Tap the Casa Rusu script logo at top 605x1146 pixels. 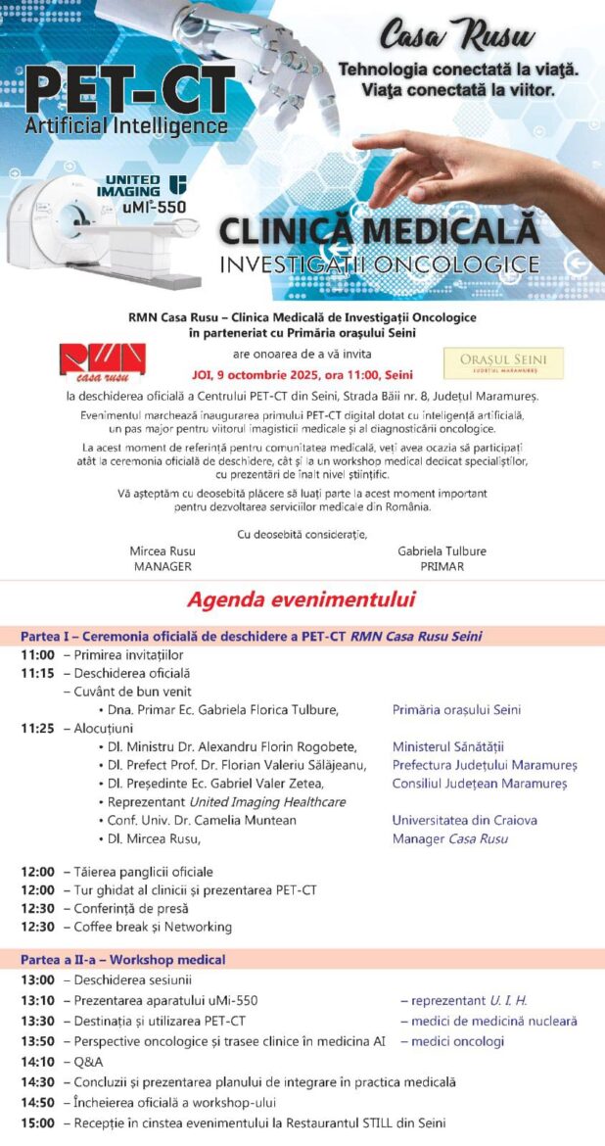[456, 37]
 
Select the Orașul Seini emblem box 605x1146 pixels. [503, 362]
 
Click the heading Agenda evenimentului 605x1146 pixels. [302, 599]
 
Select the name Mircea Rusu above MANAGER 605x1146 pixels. [162, 551]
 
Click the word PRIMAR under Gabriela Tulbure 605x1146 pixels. [442, 566]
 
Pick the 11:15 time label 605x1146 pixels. [37, 673]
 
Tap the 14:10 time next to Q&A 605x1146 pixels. [37, 1062]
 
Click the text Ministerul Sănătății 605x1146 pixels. [447, 746]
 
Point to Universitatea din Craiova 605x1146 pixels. [464, 820]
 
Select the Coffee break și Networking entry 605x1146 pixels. [153, 927]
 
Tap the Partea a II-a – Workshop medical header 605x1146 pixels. [123, 960]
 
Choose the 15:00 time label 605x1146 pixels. [37, 1122]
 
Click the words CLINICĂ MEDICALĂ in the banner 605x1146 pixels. [379, 232]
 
